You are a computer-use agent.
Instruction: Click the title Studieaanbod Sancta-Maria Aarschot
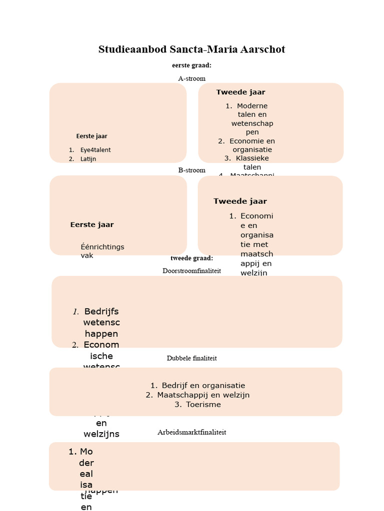point(191,49)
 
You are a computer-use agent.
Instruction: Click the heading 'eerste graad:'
point(191,65)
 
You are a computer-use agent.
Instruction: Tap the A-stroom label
point(191,78)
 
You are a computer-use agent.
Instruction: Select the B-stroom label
point(191,170)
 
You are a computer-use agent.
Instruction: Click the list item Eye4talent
point(95,150)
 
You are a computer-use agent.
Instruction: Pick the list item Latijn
point(88,159)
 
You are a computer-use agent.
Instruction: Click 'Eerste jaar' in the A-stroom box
point(91,136)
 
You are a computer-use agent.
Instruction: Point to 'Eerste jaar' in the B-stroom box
point(92,225)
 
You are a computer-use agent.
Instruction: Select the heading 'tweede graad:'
point(191,258)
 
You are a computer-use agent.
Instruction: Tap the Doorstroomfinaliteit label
point(191,270)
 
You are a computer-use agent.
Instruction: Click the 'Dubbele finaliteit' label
point(191,358)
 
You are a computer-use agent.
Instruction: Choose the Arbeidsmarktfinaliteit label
point(191,432)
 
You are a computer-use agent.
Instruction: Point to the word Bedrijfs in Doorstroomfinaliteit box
point(101,312)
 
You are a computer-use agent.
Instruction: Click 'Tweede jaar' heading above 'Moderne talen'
point(240,92)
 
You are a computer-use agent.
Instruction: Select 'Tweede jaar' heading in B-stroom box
point(240,201)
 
